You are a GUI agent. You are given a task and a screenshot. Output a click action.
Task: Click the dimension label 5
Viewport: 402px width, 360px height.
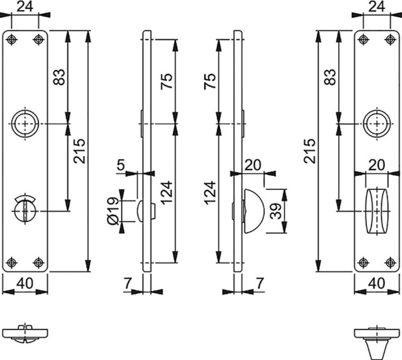pos(121,164)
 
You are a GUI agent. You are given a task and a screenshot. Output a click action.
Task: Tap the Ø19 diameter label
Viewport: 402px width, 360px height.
pos(113,211)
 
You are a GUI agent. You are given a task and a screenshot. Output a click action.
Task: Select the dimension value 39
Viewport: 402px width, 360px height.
pos(276,211)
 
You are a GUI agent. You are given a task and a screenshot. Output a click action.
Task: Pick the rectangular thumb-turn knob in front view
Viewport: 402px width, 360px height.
pos(377,211)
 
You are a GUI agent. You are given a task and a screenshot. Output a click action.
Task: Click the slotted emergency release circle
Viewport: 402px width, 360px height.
pos(25,211)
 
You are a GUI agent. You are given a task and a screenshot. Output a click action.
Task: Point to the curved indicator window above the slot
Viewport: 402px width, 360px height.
pos(25,198)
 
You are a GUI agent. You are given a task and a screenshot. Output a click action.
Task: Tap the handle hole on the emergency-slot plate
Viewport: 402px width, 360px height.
pos(25,124)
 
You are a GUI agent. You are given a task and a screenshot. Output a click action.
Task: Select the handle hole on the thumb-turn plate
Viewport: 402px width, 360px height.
pos(377,124)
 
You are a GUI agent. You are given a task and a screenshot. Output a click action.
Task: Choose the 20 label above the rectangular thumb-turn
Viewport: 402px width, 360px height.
pos(377,165)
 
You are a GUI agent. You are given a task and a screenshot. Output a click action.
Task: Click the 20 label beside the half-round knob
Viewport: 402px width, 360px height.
pos(252,165)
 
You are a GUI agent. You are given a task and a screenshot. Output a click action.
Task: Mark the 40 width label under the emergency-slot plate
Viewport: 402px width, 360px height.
pos(25,283)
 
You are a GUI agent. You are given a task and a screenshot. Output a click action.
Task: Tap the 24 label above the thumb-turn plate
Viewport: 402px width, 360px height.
pos(377,6)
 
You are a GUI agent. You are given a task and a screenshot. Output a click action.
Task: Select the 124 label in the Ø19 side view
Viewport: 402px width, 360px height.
pos(167,192)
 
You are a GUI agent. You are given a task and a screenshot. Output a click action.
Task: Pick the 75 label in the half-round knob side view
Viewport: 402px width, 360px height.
pos(210,81)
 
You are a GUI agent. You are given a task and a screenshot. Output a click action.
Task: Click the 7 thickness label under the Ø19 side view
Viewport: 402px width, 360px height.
pos(127,283)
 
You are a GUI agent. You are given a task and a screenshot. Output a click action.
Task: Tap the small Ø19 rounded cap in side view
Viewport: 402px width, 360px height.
pos(140,211)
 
